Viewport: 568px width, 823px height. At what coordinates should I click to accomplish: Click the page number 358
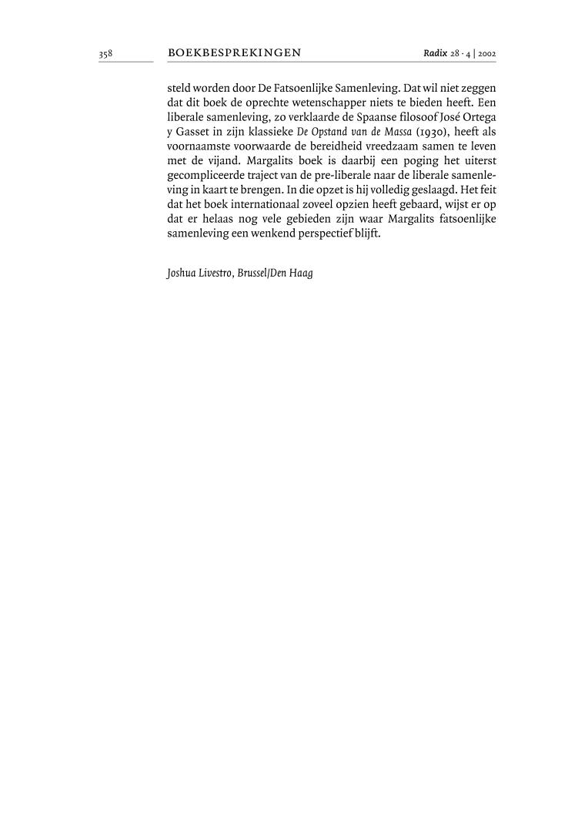pos(105,54)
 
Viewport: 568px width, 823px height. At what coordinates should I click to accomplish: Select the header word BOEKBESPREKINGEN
pos(234,53)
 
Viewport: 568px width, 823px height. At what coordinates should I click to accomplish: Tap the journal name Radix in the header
pos(435,53)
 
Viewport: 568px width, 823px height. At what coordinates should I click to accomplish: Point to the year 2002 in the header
pos(486,54)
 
